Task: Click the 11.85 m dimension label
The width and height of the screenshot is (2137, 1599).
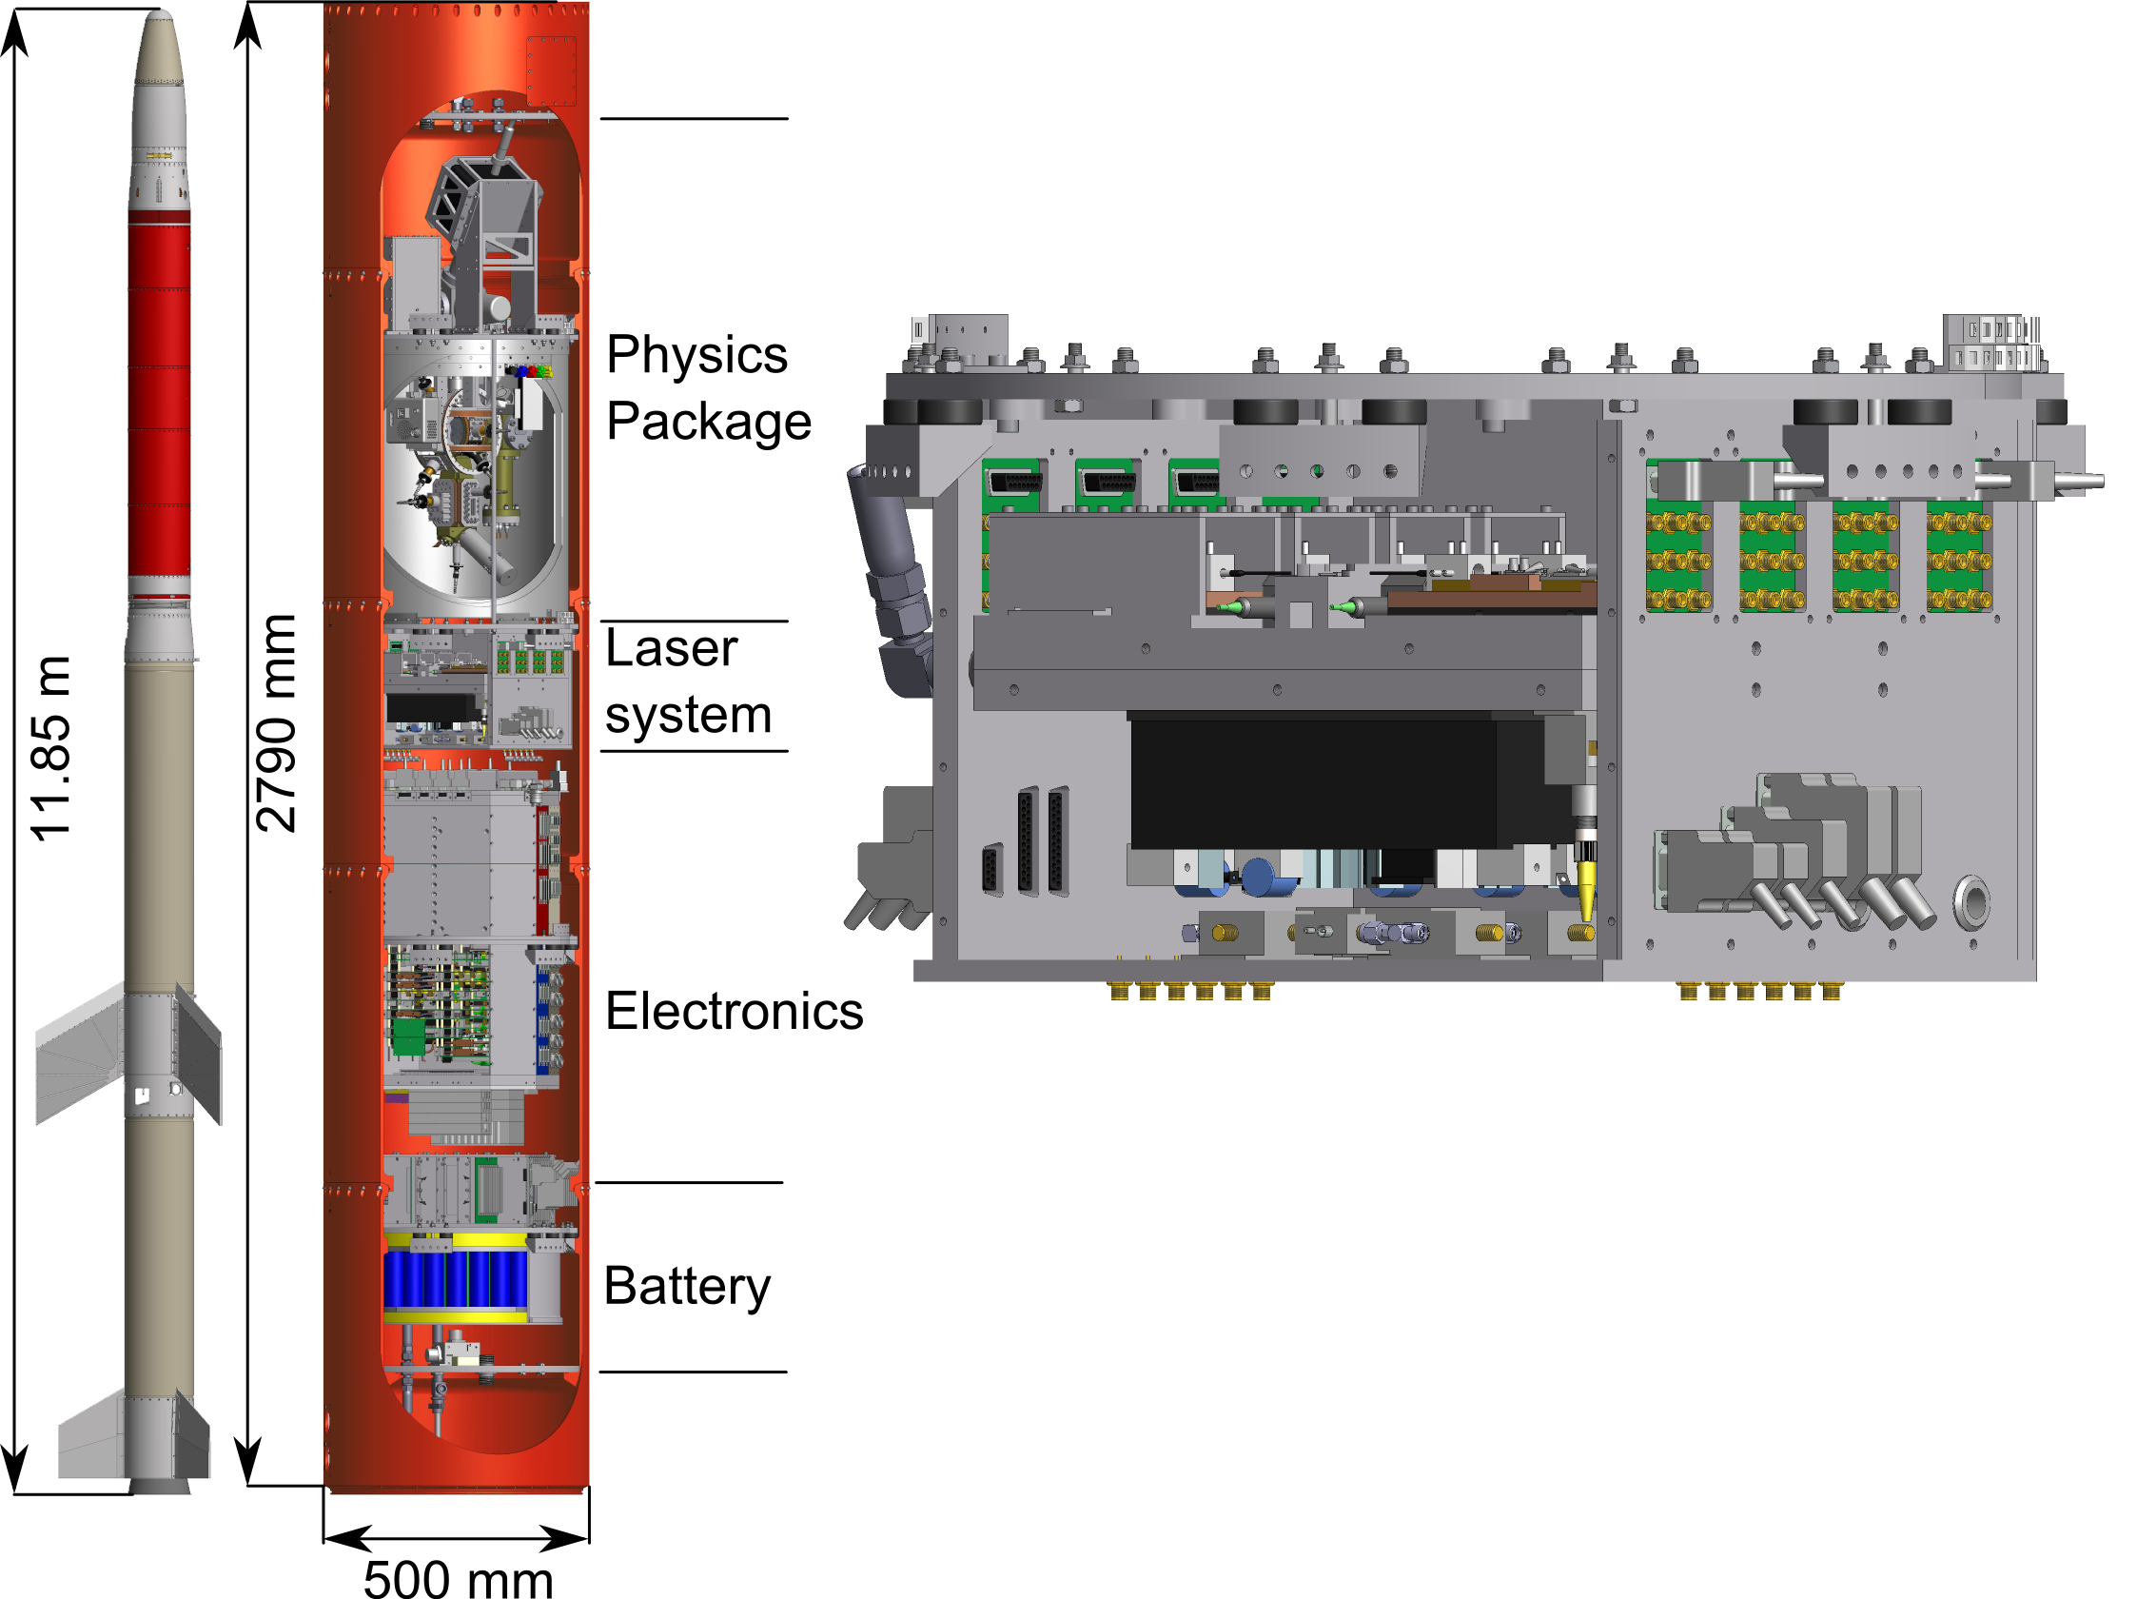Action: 50,748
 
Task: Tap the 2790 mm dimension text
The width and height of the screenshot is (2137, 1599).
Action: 276,722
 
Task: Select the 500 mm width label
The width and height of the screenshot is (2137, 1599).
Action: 458,1578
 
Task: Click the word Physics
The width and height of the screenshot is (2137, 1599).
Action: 696,356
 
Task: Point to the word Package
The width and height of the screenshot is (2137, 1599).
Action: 708,422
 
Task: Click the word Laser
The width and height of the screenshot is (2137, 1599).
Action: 672,648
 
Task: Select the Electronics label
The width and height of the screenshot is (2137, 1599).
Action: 735,1012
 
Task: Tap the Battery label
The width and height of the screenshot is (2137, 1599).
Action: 687,1287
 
